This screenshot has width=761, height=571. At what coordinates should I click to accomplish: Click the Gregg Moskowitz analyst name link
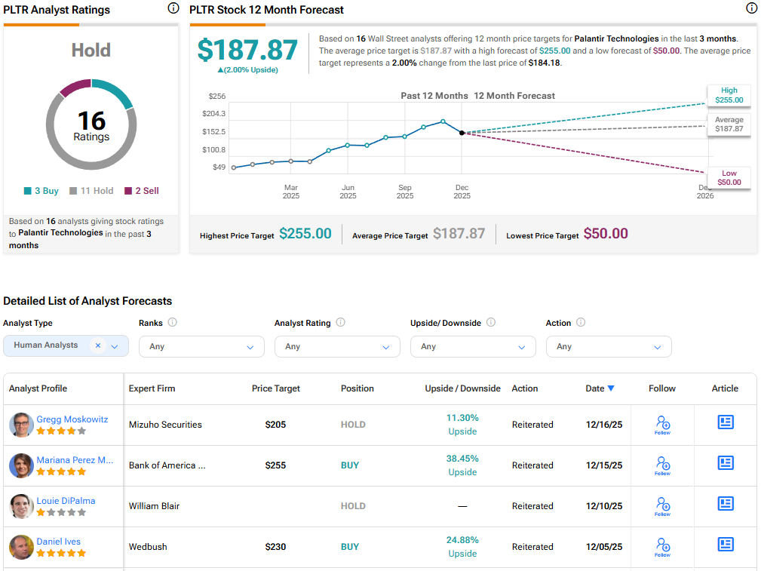tap(72, 419)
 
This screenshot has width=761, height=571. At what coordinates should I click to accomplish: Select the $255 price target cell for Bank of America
tap(275, 465)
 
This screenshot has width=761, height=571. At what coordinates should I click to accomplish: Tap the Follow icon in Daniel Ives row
tap(662, 546)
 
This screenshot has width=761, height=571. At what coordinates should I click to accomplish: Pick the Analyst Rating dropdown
tap(337, 347)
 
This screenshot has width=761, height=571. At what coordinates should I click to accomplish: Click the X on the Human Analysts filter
tap(97, 345)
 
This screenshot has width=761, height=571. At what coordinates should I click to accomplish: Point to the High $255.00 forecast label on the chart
tap(728, 95)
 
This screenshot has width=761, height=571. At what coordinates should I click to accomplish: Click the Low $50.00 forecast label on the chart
tap(729, 177)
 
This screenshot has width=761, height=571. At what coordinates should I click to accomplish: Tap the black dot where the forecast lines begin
tap(462, 133)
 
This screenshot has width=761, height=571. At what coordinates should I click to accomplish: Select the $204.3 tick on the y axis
tap(215, 114)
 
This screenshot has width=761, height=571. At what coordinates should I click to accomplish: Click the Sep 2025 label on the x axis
tap(405, 192)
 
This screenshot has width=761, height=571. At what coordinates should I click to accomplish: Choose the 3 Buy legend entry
tap(41, 191)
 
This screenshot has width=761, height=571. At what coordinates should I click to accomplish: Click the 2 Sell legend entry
tap(142, 191)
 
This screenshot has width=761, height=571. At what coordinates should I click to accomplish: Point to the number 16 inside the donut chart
tap(91, 121)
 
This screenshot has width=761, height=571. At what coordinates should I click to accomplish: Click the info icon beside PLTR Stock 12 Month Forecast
tap(751, 9)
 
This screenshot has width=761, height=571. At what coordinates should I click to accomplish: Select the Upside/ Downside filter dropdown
tap(473, 347)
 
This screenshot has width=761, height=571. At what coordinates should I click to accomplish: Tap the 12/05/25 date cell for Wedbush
tap(604, 547)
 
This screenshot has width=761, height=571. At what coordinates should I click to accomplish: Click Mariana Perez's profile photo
tap(21, 465)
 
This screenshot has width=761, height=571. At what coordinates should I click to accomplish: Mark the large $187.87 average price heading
tap(247, 50)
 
